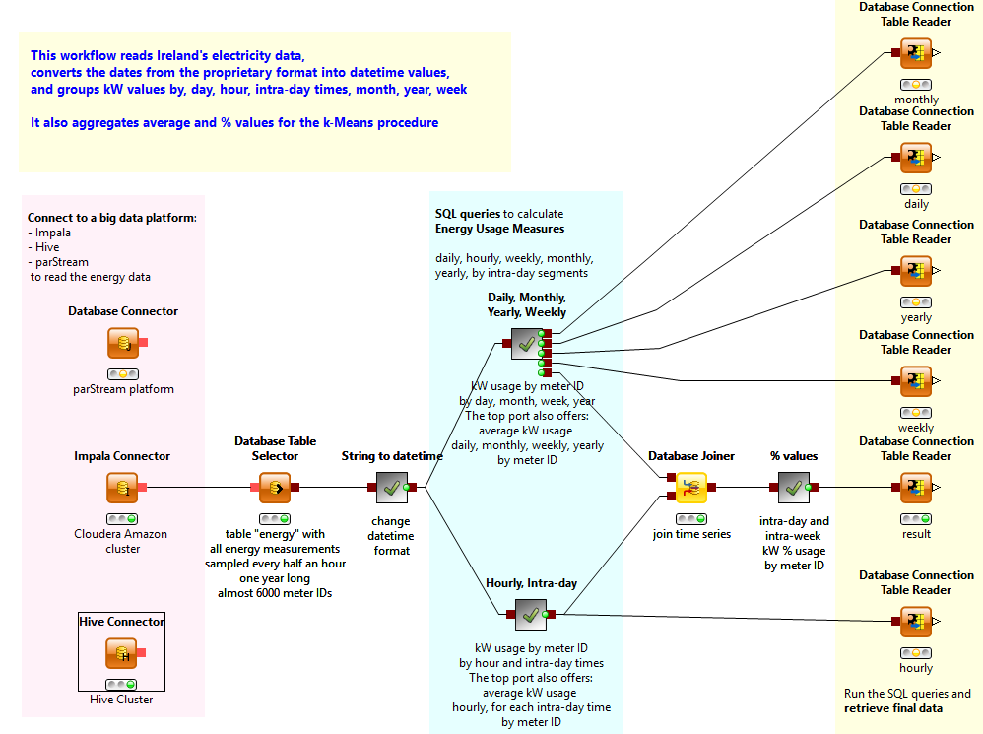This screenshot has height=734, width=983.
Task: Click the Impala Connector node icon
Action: [x=122, y=487]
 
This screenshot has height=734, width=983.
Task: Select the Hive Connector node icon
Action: [x=122, y=652]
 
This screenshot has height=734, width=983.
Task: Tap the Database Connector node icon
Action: [x=122, y=343]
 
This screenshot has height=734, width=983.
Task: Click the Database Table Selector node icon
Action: [x=275, y=487]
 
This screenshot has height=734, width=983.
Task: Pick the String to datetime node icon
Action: [x=392, y=487]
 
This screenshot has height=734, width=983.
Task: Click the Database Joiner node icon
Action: [x=691, y=487]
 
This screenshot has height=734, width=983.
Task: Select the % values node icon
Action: [x=793, y=487]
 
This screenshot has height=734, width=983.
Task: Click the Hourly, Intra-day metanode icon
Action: [x=531, y=615]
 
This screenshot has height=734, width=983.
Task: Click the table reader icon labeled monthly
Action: [x=916, y=53]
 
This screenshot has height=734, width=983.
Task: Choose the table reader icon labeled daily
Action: [x=916, y=158]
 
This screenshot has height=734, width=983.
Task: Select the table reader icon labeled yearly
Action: [x=916, y=271]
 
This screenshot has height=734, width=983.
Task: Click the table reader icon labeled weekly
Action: [x=916, y=381]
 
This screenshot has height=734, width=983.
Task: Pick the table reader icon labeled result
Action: [x=916, y=487]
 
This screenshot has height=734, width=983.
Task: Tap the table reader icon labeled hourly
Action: [x=916, y=622]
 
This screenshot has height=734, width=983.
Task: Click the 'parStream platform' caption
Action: [x=123, y=389]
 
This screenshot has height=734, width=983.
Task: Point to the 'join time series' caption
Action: [x=691, y=534]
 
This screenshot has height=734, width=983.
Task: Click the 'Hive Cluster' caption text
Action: [x=122, y=700]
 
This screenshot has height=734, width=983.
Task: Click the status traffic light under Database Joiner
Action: [x=691, y=518]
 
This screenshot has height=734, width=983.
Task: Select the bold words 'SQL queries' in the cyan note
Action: [x=467, y=213]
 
